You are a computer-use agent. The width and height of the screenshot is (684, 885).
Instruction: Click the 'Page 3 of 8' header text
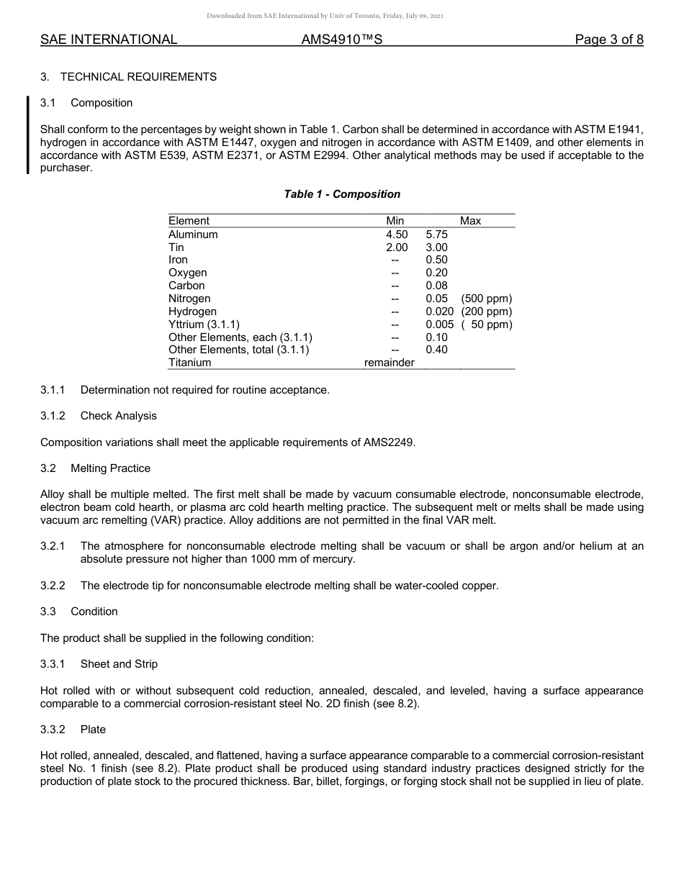tap(608, 40)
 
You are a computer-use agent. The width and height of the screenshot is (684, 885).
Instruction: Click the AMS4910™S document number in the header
tap(341, 40)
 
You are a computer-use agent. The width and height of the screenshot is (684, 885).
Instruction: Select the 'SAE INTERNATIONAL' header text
tap(109, 40)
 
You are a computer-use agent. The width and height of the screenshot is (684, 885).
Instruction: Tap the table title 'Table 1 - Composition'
tap(342, 194)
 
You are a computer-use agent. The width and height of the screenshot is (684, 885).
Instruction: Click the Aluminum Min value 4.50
tap(397, 235)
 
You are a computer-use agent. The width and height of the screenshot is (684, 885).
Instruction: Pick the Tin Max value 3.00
tap(436, 248)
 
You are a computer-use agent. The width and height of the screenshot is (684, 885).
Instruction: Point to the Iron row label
tap(178, 260)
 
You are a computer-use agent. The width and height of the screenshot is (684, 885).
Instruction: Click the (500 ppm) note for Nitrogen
tap(487, 299)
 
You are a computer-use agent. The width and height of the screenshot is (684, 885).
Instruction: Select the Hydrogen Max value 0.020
tap(439, 312)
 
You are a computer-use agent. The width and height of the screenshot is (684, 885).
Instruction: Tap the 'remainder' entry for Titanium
tap(389, 363)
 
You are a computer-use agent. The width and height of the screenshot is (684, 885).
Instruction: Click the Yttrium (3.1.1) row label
tap(204, 324)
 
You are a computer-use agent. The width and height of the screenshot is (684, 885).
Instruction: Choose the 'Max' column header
tap(470, 221)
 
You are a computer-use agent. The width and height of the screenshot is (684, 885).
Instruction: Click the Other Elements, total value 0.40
tap(436, 350)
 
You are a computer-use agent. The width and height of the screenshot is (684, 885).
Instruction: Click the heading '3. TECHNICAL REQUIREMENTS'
tap(128, 77)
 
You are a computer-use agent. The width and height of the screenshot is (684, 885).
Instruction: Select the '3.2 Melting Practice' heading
tap(96, 468)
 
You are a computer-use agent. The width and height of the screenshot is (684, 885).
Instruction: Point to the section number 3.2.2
tap(53, 586)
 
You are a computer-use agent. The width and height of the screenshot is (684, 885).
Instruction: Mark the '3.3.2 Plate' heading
tap(73, 730)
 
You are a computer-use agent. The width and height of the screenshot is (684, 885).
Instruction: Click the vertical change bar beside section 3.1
tap(28, 135)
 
